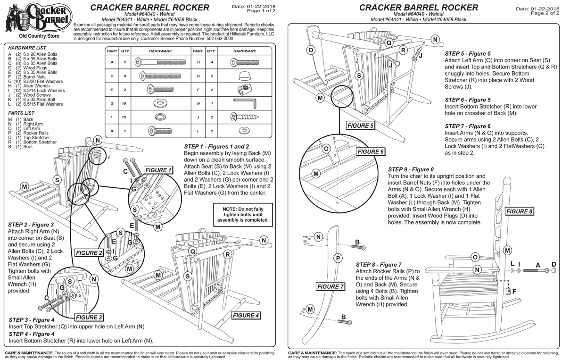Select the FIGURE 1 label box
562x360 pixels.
click(158, 170)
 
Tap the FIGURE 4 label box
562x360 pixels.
click(246, 315)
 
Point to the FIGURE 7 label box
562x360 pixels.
click(331, 286)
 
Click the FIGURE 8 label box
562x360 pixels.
click(520, 211)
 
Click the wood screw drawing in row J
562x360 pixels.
click(244, 117)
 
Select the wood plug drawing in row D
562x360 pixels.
click(244, 76)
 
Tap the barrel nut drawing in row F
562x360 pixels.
click(244, 90)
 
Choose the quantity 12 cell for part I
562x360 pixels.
click(125, 117)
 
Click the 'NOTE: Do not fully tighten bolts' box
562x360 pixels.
click(243, 214)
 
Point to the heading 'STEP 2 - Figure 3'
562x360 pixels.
click(31, 225)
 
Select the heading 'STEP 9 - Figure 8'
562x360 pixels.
click(411, 169)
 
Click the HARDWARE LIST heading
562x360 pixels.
click(27, 48)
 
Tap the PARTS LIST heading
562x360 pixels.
click(21, 113)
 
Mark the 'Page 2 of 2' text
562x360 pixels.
click(545, 13)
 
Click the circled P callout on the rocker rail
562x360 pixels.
click(338, 258)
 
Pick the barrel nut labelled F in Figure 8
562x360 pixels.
click(508, 291)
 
